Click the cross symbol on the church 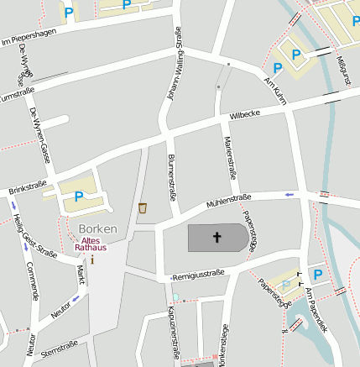point(216,238)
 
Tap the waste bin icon point(143,207)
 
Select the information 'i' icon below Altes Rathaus point(92,259)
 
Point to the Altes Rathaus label point(91,244)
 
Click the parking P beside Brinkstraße point(79,197)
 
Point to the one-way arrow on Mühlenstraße point(290,194)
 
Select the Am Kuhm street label point(275,92)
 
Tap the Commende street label point(33,280)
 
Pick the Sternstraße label point(59,349)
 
